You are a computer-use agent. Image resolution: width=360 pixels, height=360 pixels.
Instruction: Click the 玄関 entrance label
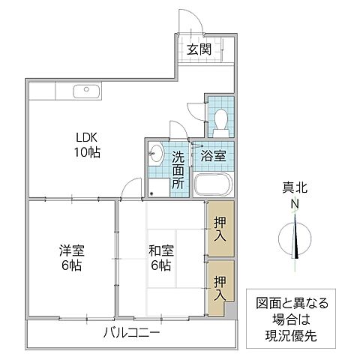(x=199, y=50)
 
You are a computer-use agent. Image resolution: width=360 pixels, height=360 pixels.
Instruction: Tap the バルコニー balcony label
(x=131, y=332)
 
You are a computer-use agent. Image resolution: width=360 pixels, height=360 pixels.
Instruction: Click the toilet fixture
(x=220, y=118)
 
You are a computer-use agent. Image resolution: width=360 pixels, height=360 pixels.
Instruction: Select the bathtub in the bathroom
(x=214, y=185)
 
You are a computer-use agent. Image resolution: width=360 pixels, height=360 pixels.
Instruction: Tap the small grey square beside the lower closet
(x=232, y=308)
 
